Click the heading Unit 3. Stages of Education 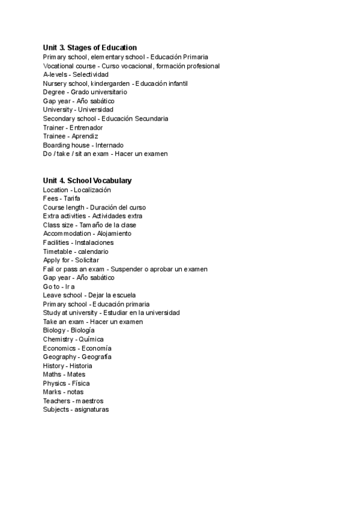(x=90, y=47)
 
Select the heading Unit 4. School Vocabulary (x=88, y=181)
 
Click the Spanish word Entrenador (x=86, y=127)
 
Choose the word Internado (x=109, y=145)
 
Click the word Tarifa (x=72, y=198)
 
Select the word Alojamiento (x=114, y=233)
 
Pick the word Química (x=91, y=339)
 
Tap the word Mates (x=77, y=375)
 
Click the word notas (x=75, y=392)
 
